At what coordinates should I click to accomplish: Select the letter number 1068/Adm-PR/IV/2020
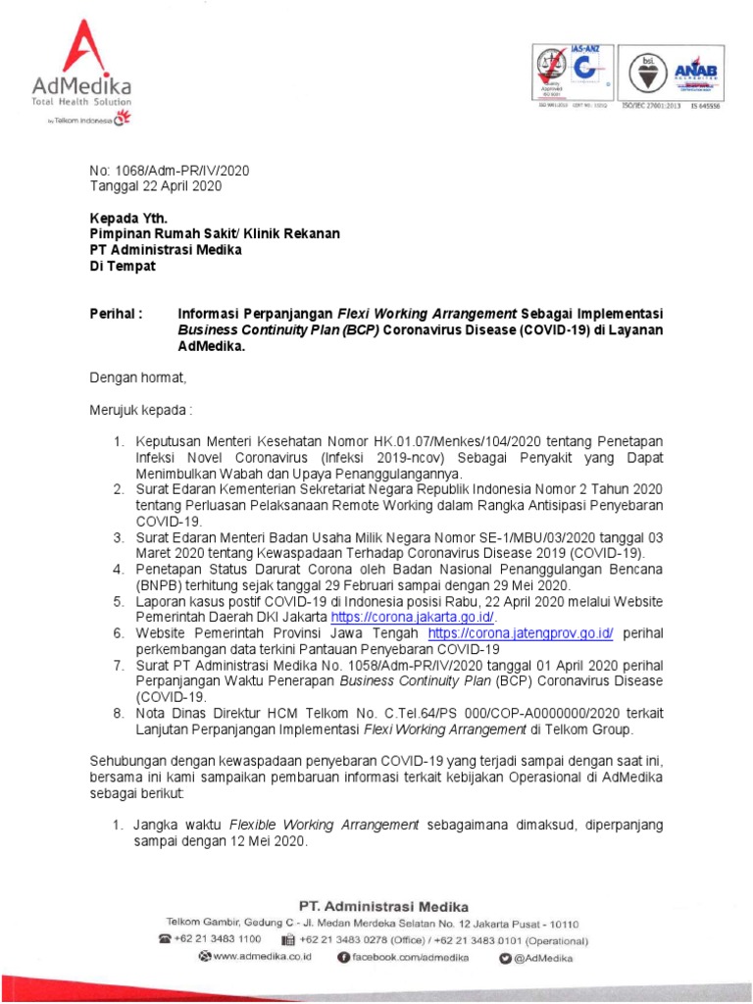click(x=170, y=170)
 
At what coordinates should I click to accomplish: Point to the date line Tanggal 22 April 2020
click(x=156, y=185)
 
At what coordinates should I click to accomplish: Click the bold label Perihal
click(x=117, y=314)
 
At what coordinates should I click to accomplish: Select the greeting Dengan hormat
click(x=137, y=376)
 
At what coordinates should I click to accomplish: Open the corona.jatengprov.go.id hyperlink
click(x=521, y=633)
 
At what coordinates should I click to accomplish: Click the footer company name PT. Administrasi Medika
click(x=382, y=906)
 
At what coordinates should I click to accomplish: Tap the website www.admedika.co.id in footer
click(x=261, y=956)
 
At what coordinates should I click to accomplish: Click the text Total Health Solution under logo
click(x=80, y=102)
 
